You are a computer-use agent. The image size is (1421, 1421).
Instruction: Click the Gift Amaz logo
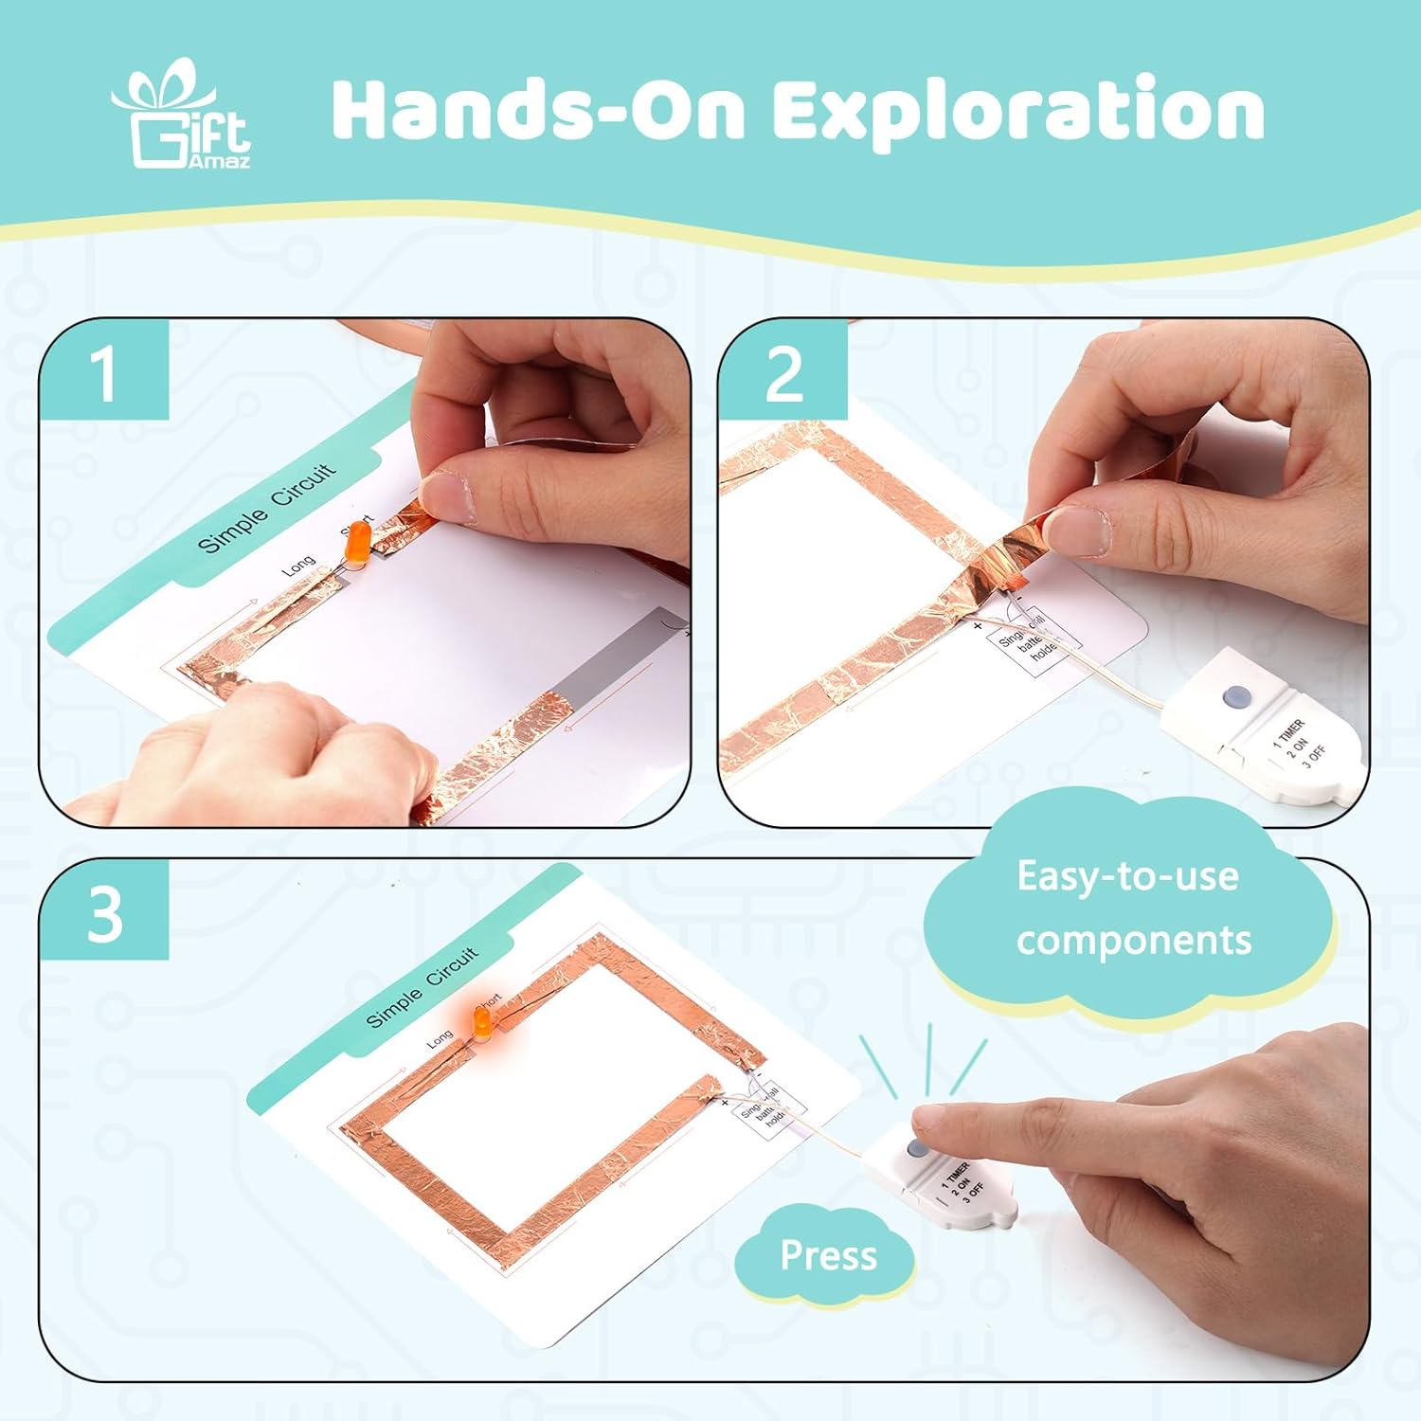coord(181,117)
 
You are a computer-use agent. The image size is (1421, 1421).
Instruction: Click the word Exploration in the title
coord(1017,112)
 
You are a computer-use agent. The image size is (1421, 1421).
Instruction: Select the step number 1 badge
coord(104,372)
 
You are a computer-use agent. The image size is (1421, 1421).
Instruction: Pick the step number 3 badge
coord(104,913)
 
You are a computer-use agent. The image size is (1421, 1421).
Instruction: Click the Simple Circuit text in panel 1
coord(266,508)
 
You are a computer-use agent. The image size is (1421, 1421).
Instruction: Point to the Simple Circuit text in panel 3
coord(423,986)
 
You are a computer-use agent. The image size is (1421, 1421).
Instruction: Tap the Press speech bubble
coord(828,1255)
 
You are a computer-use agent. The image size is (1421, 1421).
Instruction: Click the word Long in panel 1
coord(298,566)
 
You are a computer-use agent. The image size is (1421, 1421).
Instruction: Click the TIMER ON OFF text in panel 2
coord(1299,744)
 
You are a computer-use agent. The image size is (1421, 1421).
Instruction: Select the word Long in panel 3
coord(440,1039)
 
